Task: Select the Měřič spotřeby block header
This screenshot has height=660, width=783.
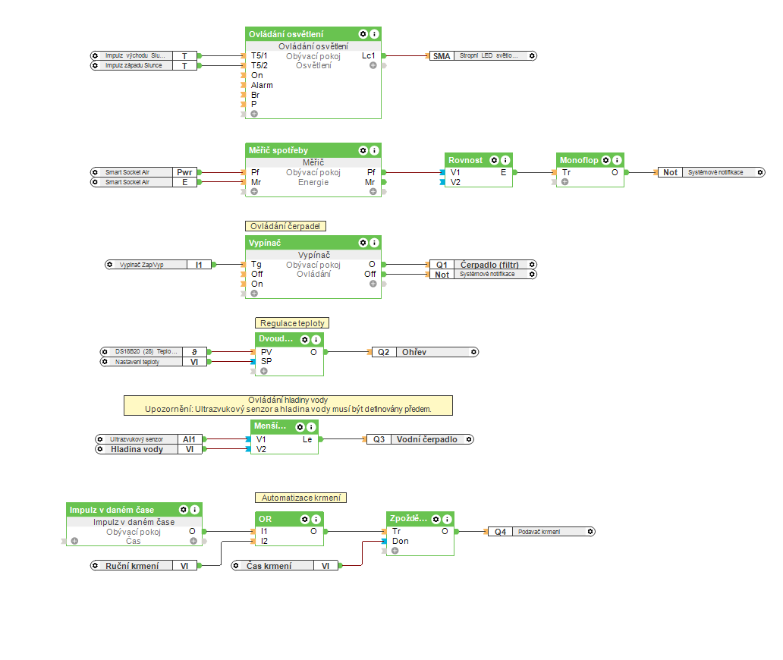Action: [279, 150]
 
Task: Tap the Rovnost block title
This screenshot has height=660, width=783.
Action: [466, 160]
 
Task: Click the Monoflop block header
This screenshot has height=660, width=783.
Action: [579, 160]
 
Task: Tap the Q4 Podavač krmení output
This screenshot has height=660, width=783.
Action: [541, 532]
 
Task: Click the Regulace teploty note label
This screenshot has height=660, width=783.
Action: [292, 323]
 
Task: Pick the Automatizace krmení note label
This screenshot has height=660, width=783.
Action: [300, 498]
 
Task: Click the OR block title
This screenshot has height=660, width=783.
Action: [266, 519]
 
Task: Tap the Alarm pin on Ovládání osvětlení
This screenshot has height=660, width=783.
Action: [262, 85]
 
